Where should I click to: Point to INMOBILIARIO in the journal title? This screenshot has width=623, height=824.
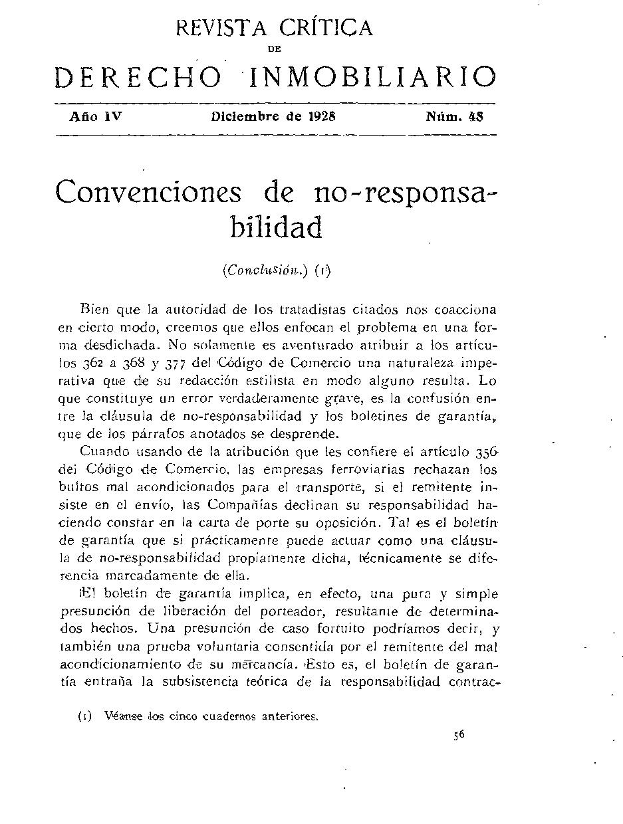[372, 78]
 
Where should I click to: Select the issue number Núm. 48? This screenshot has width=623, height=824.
[455, 116]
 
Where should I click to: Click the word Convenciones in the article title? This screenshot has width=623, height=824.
[148, 193]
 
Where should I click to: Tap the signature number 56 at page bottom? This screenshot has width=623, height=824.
[458, 735]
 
